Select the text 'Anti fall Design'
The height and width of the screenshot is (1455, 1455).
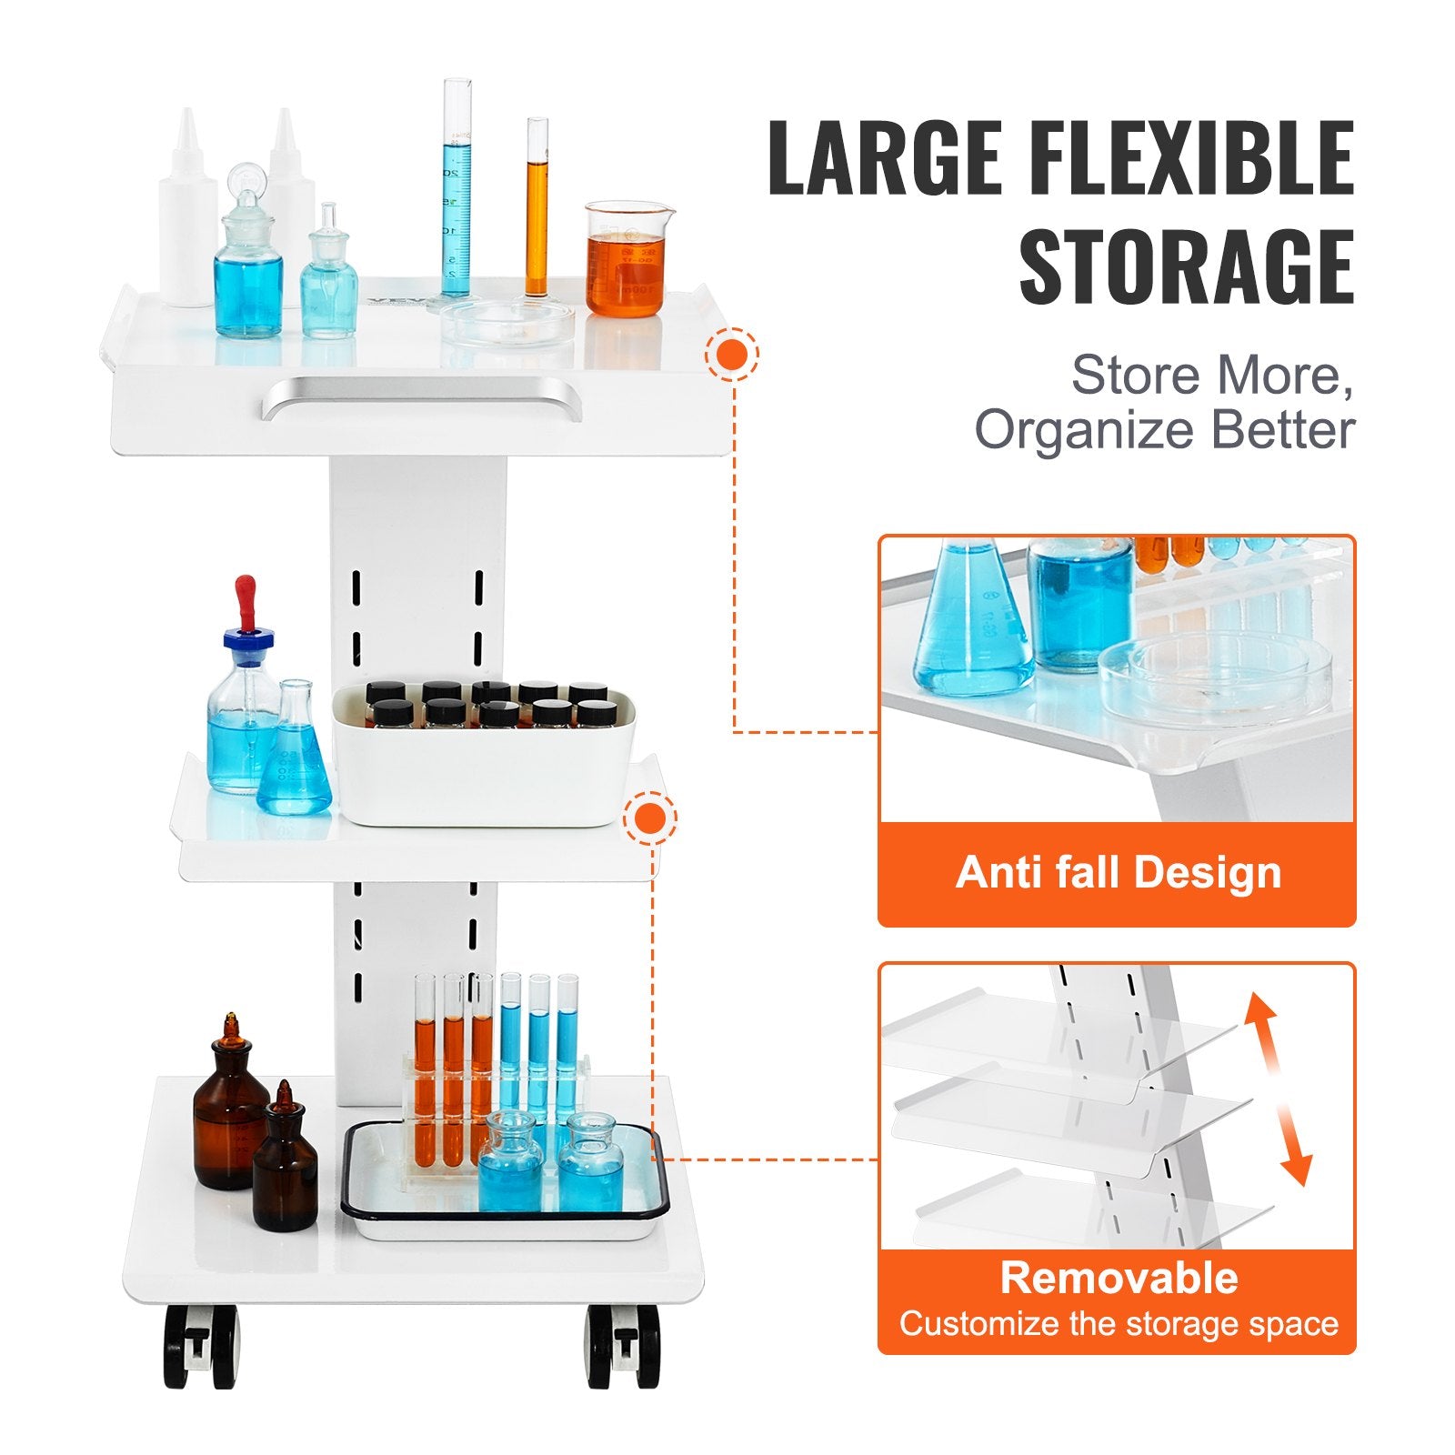pyautogui.click(x=1118, y=873)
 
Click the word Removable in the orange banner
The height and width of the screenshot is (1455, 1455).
pyautogui.click(x=1119, y=1278)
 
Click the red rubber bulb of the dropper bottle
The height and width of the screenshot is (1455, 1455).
pyautogui.click(x=245, y=600)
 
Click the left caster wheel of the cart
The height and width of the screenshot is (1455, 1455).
pyautogui.click(x=201, y=1346)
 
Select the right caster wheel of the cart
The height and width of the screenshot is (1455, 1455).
pyautogui.click(x=624, y=1346)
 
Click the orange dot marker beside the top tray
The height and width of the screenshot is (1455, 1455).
pyautogui.click(x=731, y=354)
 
